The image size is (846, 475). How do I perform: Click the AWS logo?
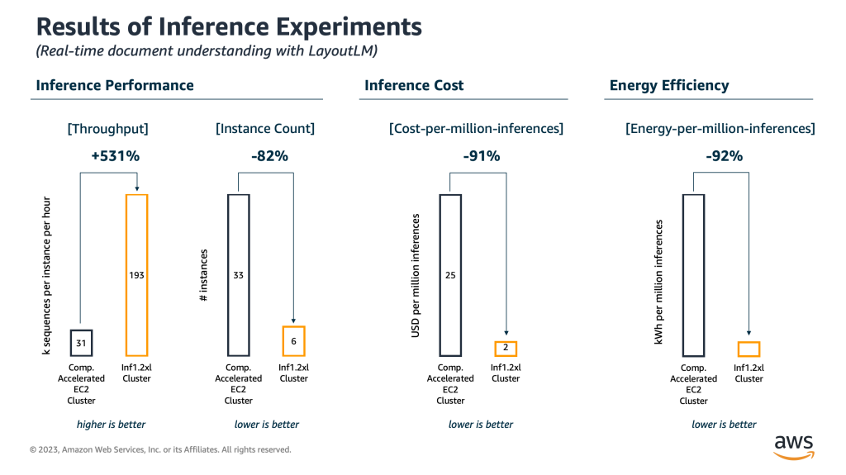click(x=793, y=446)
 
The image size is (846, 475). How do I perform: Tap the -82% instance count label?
click(x=269, y=155)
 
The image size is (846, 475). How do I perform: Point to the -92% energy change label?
click(x=725, y=155)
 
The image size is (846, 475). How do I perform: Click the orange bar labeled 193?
click(x=136, y=275)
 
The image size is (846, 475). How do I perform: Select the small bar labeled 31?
click(x=80, y=341)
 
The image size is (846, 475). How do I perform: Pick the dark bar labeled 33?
click(x=238, y=275)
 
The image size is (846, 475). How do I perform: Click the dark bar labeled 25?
click(x=450, y=275)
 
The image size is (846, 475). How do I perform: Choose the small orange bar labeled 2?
click(x=506, y=349)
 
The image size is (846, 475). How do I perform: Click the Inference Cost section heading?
click(x=414, y=85)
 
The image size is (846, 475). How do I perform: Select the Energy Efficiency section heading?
click(x=669, y=85)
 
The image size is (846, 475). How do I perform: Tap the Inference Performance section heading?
click(x=115, y=85)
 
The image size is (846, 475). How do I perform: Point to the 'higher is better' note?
click(x=111, y=425)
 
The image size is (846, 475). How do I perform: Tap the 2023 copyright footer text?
click(x=160, y=450)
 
